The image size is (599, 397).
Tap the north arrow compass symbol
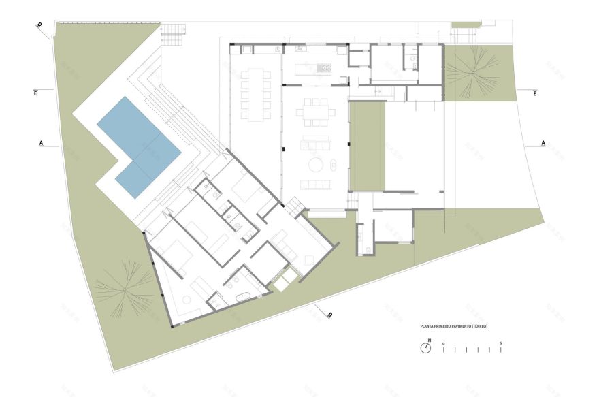pyautogui.click(x=425, y=348)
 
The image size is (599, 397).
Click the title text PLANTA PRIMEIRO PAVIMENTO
pyautogui.click(x=453, y=326)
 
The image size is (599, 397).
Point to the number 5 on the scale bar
pyautogui.click(x=501, y=342)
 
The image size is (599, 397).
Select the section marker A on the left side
pyautogui.click(x=42, y=144)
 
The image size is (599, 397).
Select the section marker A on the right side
pyautogui.click(x=543, y=143)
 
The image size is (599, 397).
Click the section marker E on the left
pyautogui.click(x=35, y=93)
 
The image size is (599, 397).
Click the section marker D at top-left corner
pyautogui.click(x=39, y=27)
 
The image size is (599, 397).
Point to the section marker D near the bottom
pyautogui.click(x=329, y=315)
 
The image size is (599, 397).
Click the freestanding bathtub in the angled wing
pyautogui.click(x=242, y=296)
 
